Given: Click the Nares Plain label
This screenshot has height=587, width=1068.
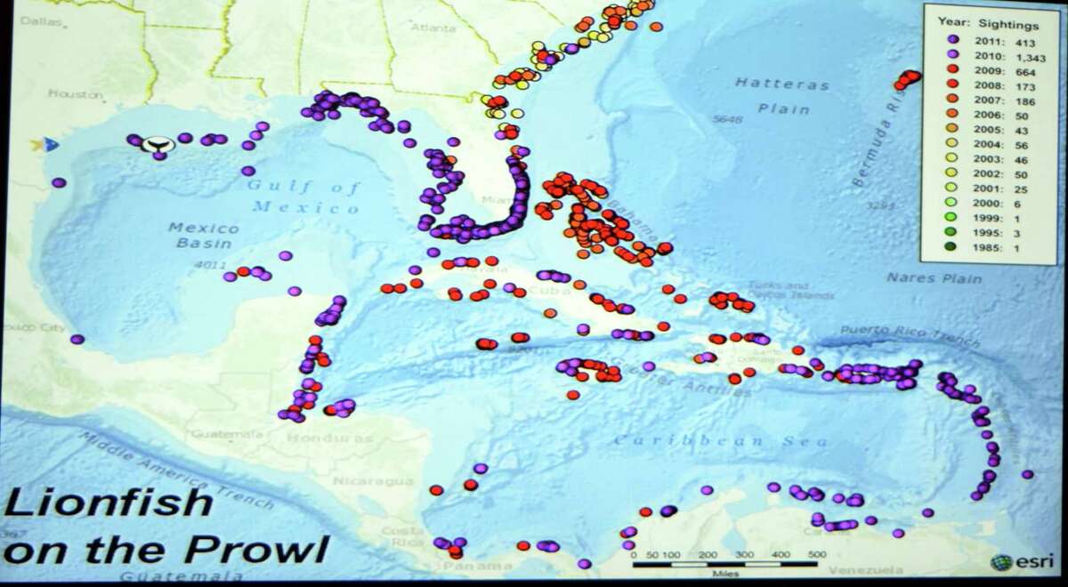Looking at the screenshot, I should (934, 278).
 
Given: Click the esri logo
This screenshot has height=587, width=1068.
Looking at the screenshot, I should (1015, 562).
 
